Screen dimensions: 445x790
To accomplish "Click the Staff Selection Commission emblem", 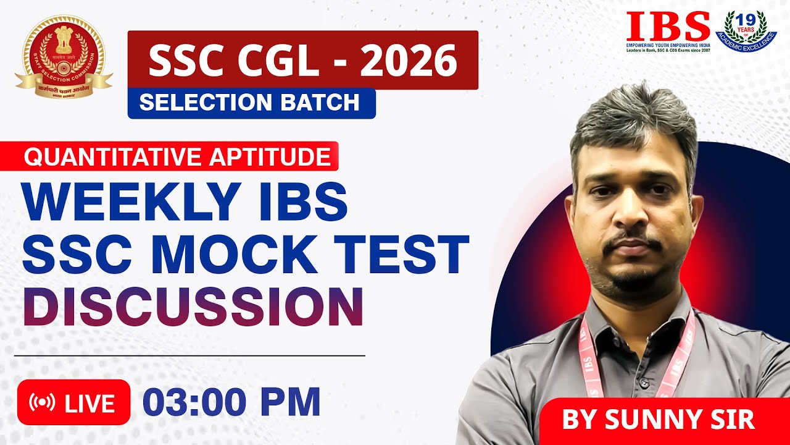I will [x=64, y=59].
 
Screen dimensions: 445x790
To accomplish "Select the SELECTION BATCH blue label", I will [x=250, y=103].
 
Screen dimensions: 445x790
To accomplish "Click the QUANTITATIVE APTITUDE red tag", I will [x=177, y=157].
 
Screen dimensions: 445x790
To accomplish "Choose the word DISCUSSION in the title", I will [x=193, y=307].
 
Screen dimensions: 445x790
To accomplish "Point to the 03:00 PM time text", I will [x=231, y=402].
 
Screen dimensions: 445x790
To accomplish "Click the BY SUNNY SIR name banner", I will [x=658, y=420].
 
